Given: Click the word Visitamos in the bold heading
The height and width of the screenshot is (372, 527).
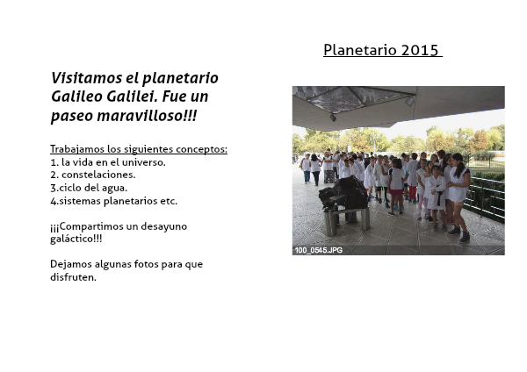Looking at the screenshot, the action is (x=87, y=78).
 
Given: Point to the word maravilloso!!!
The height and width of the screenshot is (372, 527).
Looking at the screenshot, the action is (x=147, y=116).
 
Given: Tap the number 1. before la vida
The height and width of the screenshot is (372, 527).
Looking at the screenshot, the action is (x=54, y=162).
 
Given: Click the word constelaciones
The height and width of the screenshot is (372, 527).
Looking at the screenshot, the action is (x=98, y=175).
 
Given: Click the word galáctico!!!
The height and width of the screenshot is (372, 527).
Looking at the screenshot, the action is (x=76, y=239).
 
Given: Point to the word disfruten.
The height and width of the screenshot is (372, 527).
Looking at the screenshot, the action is (x=73, y=277).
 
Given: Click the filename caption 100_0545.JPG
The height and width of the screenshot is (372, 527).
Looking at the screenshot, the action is (x=319, y=250).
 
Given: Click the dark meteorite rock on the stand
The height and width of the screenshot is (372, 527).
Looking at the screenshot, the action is (x=343, y=193).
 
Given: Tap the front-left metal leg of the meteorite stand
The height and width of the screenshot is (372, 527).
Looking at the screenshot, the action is (x=329, y=223).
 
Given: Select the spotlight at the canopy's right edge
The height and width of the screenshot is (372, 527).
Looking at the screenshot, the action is (x=409, y=101).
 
